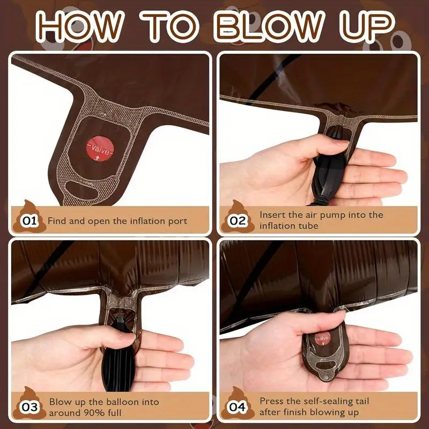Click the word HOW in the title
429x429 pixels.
coord(79,26)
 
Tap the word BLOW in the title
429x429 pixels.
coord(270,26)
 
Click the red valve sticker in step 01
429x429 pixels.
coord(100,149)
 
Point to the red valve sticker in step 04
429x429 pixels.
coord(323,339)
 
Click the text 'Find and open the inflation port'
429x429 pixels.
coord(117,221)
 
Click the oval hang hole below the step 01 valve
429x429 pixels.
coord(82,189)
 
